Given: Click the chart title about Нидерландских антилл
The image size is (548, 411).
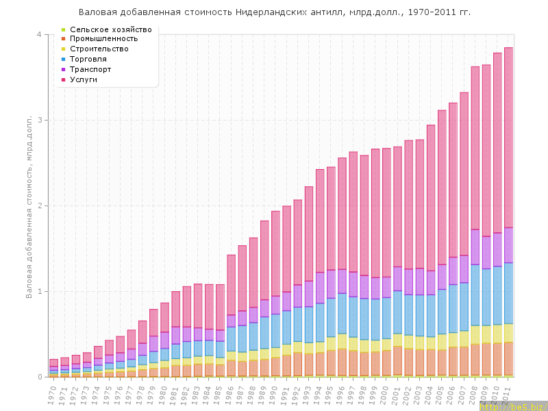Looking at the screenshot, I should click(275, 12).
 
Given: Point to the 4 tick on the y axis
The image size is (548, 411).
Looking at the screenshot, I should click(39, 35).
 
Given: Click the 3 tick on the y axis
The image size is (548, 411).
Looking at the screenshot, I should click(39, 120).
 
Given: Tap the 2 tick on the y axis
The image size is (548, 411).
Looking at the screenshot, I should click(39, 206).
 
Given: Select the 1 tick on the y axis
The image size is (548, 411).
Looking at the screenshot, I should click(39, 291).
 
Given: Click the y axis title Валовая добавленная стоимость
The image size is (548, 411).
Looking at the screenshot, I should click(29, 206).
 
